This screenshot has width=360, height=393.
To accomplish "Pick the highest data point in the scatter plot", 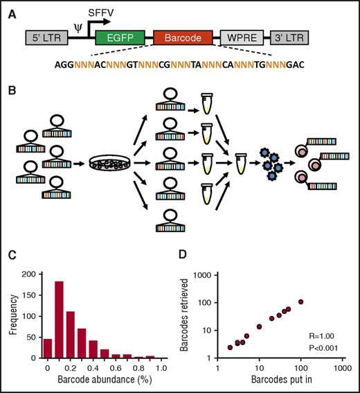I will pyautogui.click(x=300, y=302).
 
